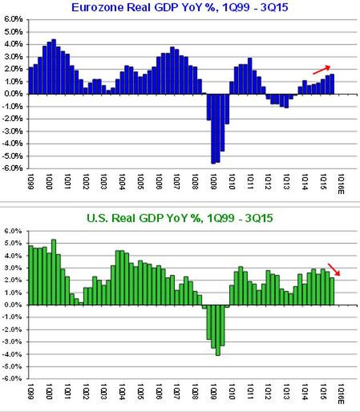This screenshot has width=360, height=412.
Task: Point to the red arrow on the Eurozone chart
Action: coord(321,69)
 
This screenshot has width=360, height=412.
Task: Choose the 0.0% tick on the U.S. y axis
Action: coord(14,305)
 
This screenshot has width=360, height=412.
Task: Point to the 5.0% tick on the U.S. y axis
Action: coord(14,243)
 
